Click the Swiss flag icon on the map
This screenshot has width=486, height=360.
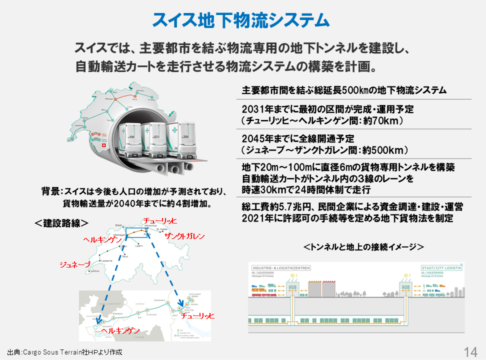click(103, 145)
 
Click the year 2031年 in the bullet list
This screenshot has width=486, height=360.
click(255, 109)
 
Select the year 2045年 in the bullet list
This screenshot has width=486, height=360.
click(255, 139)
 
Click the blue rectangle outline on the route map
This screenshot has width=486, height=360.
click(136, 233)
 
